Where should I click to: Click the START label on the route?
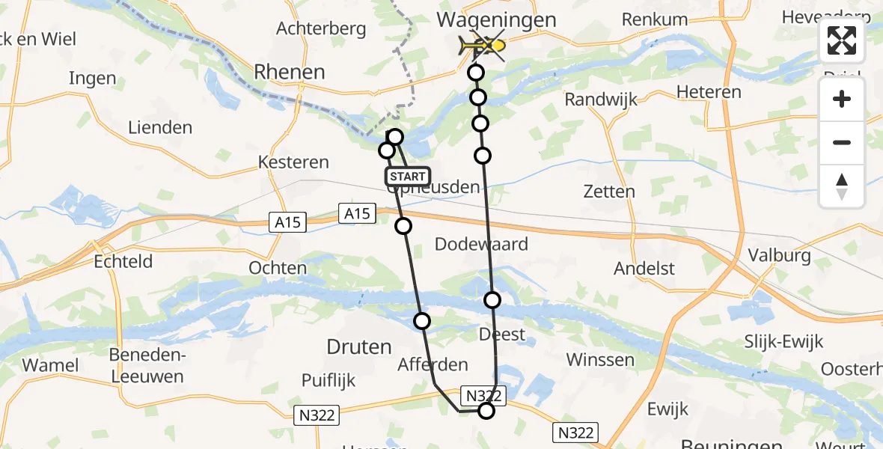pyautogui.click(x=407, y=177)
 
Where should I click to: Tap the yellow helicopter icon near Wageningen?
pyautogui.click(x=476, y=46)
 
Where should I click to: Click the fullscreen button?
pyautogui.click(x=842, y=40)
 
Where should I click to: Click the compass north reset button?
pyautogui.click(x=842, y=186)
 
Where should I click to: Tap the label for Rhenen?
pyautogui.click(x=290, y=72)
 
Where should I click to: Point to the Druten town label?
pyautogui.click(x=359, y=346)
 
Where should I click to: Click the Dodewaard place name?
pyautogui.click(x=481, y=244)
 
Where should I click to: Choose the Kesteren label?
pyautogui.click(x=293, y=162)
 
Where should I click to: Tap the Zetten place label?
pyautogui.click(x=610, y=192)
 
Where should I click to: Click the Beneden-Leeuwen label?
pyautogui.click(x=147, y=365)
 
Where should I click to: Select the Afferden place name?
pyautogui.click(x=434, y=365)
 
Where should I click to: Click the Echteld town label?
pyautogui.click(x=123, y=261)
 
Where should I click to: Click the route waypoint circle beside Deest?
pyautogui.click(x=492, y=300)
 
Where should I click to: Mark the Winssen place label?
pyautogui.click(x=601, y=360)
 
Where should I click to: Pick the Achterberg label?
pyautogui.click(x=321, y=29)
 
